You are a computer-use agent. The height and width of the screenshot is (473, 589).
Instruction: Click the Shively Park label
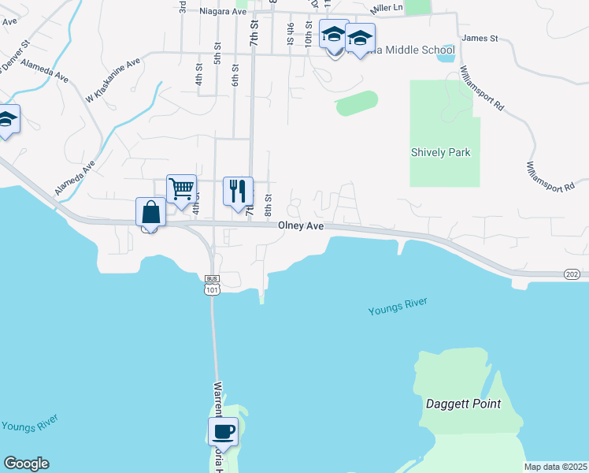440,152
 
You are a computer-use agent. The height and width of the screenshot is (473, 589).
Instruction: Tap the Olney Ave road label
301,225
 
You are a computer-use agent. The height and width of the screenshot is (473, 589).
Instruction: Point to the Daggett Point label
463,404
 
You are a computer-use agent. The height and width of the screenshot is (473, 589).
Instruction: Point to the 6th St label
235,76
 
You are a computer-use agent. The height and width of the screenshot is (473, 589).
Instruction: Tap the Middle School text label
418,50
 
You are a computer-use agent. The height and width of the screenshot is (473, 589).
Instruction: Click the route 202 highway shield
572,274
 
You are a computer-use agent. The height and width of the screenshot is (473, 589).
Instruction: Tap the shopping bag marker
150,213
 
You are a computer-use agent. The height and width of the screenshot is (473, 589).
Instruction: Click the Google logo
26,464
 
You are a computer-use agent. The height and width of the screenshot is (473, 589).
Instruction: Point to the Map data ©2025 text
555,467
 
